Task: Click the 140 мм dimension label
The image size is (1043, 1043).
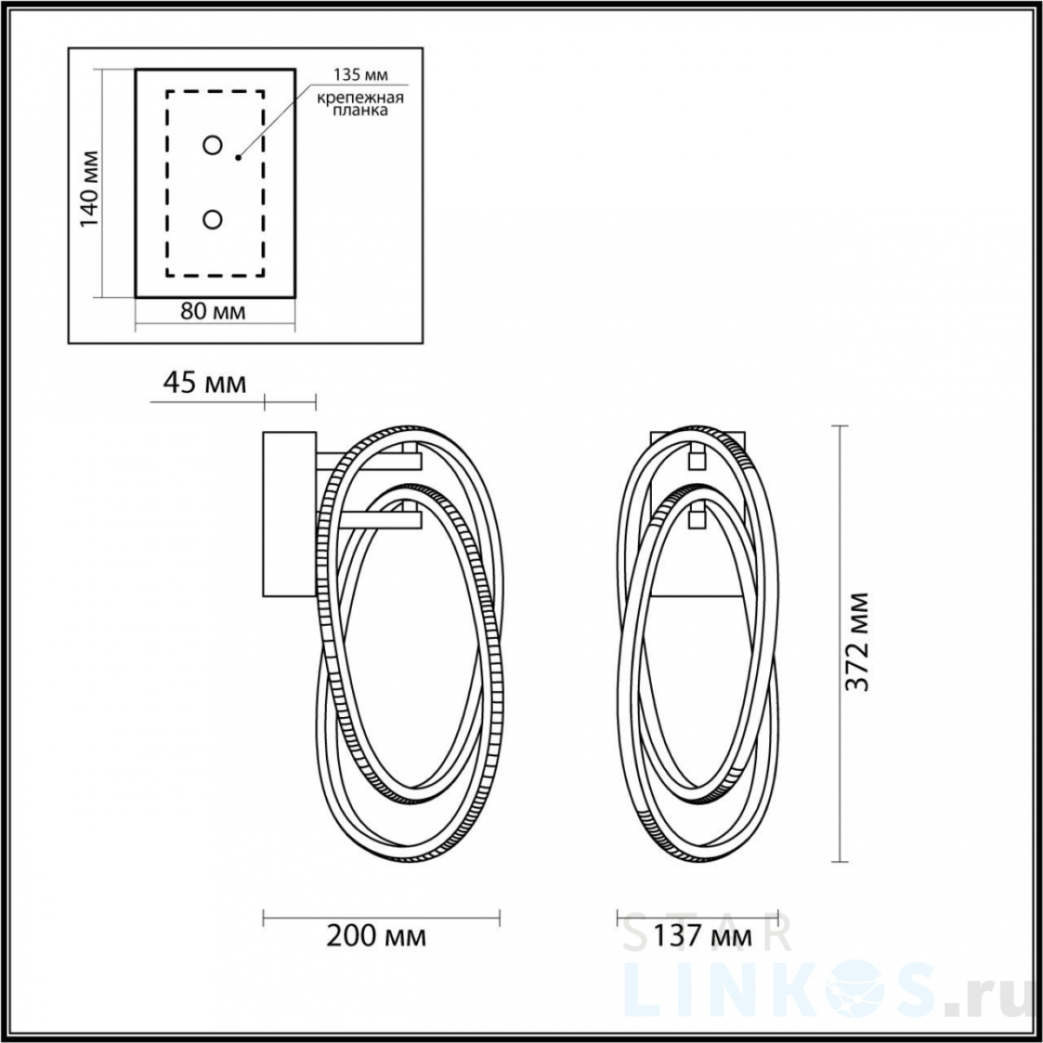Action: (x=90, y=189)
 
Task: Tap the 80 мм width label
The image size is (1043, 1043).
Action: (x=213, y=311)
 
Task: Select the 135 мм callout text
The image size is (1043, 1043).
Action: (x=360, y=75)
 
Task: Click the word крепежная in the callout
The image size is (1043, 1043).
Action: (x=360, y=98)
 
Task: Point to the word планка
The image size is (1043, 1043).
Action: (x=360, y=110)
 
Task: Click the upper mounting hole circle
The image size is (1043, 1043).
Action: (x=212, y=145)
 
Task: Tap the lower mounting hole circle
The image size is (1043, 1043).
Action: (x=212, y=220)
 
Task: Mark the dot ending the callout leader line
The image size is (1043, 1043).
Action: (x=237, y=157)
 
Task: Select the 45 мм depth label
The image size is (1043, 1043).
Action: (x=204, y=384)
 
